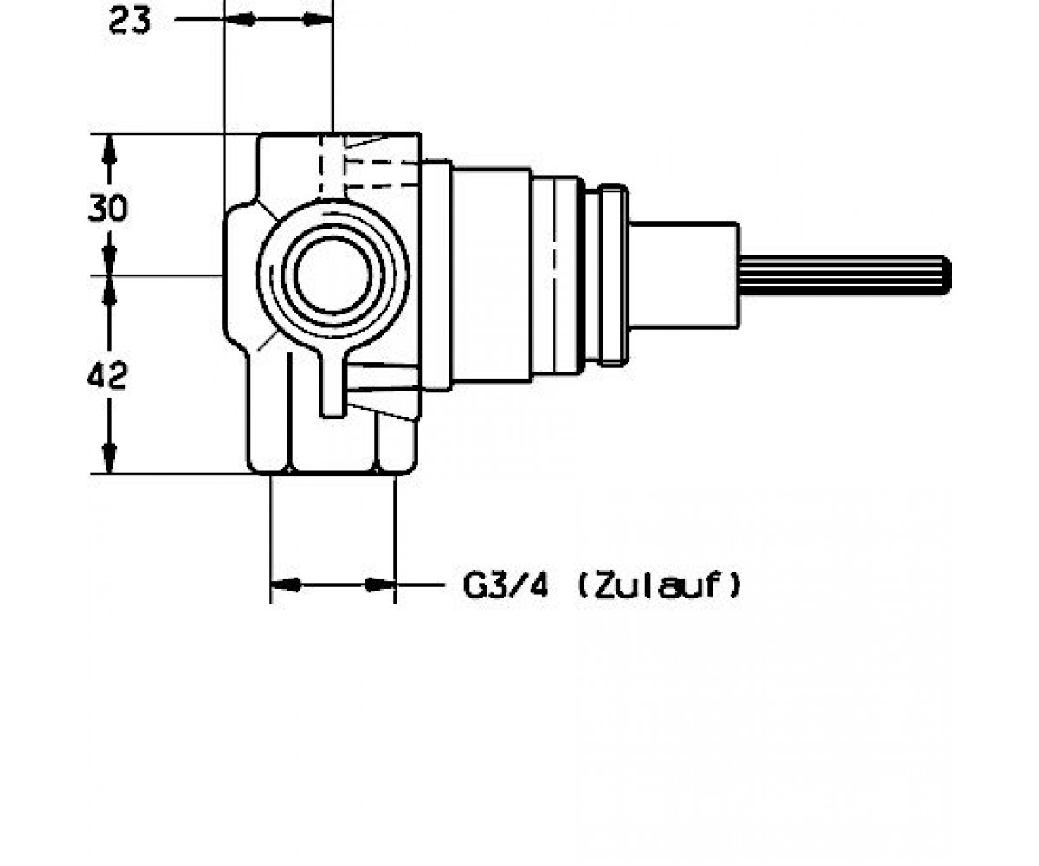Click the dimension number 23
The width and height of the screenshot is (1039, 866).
(x=129, y=21)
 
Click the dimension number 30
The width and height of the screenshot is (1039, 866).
(x=107, y=208)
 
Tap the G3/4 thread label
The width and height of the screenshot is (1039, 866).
(x=506, y=585)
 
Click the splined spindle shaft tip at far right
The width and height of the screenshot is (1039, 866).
(x=944, y=275)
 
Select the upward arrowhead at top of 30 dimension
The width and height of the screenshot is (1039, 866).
(x=109, y=148)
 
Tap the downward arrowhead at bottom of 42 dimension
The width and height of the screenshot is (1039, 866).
(x=109, y=458)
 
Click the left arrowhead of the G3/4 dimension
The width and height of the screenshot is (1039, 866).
(x=286, y=585)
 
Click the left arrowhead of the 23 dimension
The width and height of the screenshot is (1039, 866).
(x=241, y=19)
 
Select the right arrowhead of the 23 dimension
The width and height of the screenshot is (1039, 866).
(x=318, y=19)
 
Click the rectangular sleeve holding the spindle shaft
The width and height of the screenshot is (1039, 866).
(x=684, y=275)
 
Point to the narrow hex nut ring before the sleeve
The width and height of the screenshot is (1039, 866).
(x=614, y=275)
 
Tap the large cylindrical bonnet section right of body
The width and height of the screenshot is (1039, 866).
(x=491, y=275)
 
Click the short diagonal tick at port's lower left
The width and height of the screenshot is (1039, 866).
(x=268, y=340)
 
